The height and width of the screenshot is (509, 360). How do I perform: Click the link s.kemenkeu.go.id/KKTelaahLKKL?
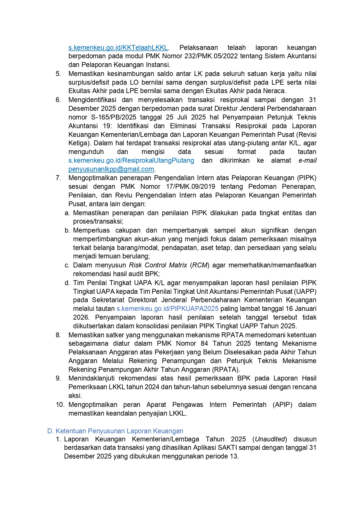click(118, 48)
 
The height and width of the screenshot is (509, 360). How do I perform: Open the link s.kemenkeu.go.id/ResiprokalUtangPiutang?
click(131, 160)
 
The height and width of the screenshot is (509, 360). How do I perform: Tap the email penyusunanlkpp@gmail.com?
click(111, 169)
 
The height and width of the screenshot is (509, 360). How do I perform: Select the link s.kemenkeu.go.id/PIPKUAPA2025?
click(167, 309)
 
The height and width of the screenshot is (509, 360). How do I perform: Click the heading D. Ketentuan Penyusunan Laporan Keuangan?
click(115, 431)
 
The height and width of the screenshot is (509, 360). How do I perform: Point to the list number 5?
click(58, 74)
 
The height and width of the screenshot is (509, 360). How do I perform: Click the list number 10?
click(60, 405)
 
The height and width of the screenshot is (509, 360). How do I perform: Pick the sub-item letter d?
click(67, 283)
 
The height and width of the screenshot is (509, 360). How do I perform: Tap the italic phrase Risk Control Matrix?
click(158, 265)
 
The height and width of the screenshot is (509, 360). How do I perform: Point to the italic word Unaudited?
click(270, 439)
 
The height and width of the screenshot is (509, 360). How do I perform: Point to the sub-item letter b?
click(67, 230)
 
